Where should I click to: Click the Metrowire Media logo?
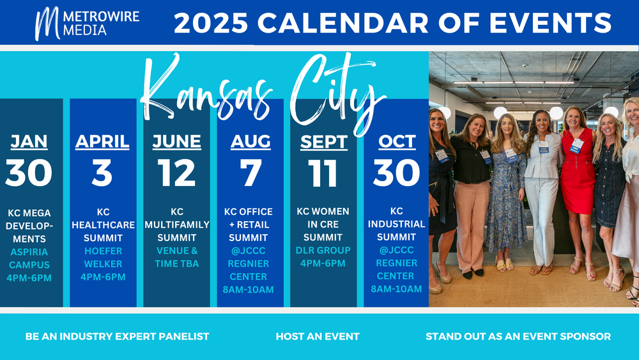click(x=87, y=23)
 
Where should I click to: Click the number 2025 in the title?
click(x=211, y=23)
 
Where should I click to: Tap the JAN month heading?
click(x=29, y=141)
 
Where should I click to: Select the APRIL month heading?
click(x=102, y=141)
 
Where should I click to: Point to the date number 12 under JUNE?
click(x=176, y=173)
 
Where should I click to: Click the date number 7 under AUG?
click(x=250, y=173)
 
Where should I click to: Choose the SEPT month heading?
click(x=324, y=142)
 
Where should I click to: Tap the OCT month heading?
click(x=397, y=141)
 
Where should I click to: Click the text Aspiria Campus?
click(x=29, y=258)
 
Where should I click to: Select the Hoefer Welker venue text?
click(x=103, y=257)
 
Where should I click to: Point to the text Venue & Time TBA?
click(x=177, y=257)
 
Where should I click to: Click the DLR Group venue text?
click(x=323, y=250)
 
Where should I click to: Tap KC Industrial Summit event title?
click(x=397, y=224)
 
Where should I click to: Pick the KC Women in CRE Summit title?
click(x=323, y=224)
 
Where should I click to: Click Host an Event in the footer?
click(x=318, y=336)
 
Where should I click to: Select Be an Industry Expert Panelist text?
click(x=117, y=336)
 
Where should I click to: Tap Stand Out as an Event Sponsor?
click(x=518, y=336)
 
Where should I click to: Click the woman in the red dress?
click(x=578, y=192)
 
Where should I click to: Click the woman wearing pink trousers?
click(x=472, y=196)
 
